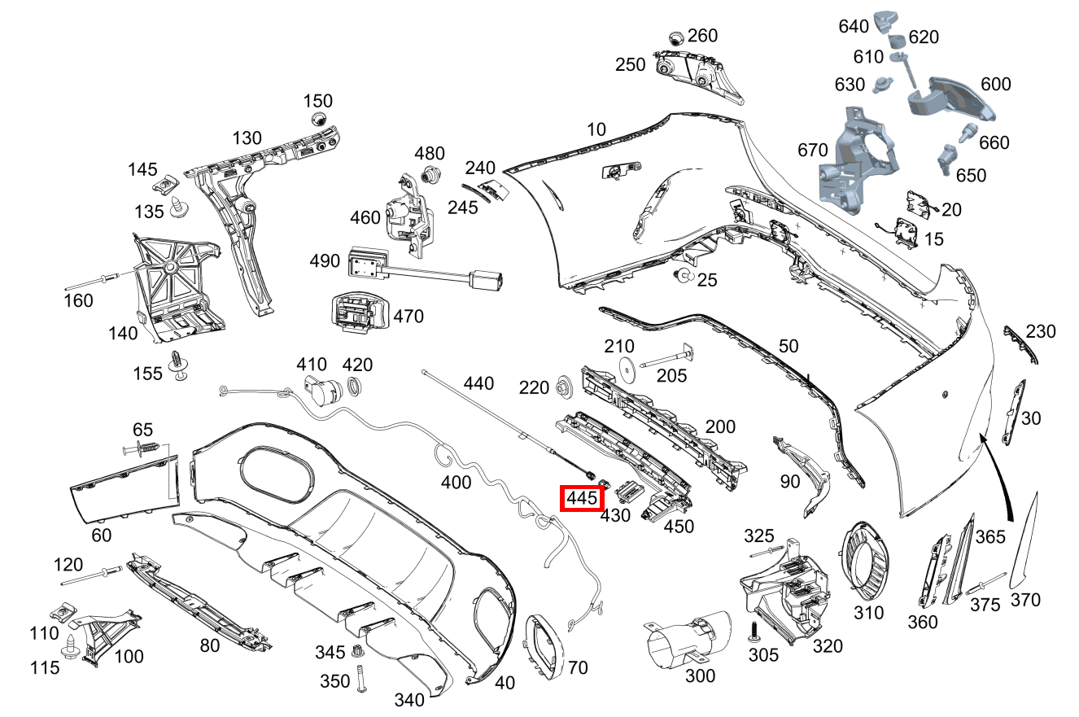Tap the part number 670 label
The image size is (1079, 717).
tap(813, 150)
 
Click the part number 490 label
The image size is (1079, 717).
tap(325, 261)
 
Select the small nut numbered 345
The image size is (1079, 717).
tap(356, 651)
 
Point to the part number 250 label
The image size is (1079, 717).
tap(631, 65)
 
